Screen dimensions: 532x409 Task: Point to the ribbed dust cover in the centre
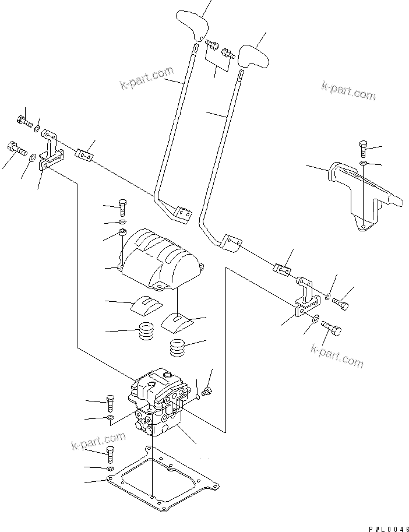point(162,258)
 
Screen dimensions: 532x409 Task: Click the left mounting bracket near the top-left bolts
point(51,152)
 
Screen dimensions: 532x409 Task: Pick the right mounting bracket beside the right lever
point(307,299)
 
